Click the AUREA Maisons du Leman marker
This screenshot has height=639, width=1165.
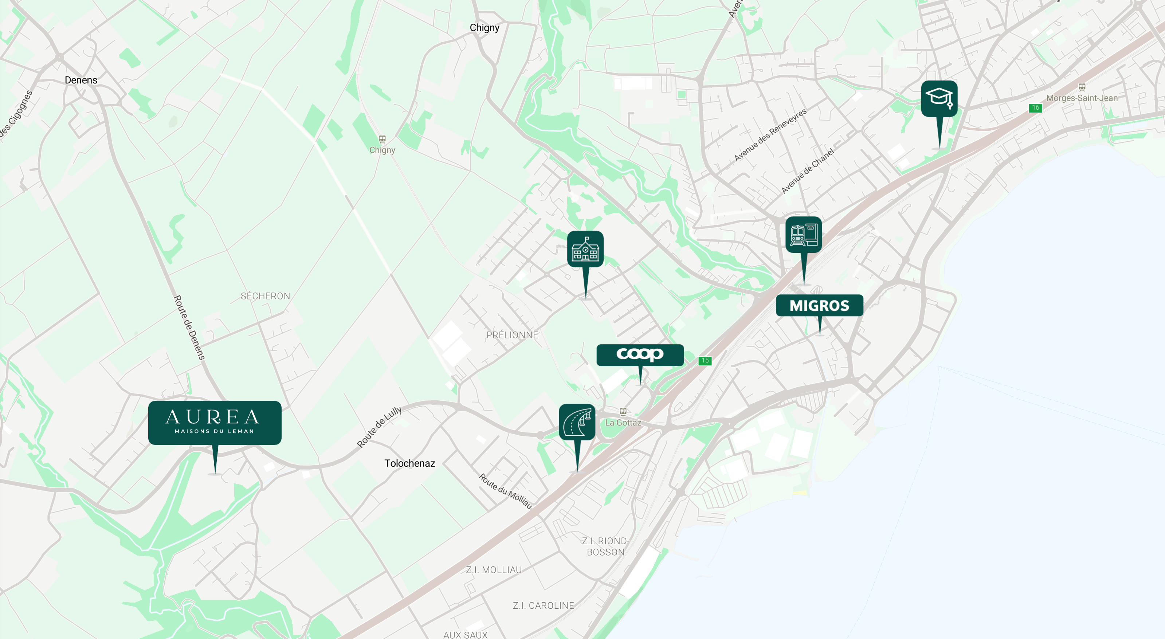coord(215,422)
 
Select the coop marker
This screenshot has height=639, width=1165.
coord(640,354)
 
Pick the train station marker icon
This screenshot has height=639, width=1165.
coord(803,234)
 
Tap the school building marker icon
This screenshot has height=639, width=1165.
coord(585,249)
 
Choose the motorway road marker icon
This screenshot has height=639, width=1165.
coord(577,422)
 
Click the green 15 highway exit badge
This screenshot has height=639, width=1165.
coord(705,360)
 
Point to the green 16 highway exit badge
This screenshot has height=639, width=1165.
coord(1035,107)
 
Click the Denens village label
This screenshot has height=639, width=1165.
coord(81,80)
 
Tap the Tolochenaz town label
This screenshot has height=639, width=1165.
coord(409,463)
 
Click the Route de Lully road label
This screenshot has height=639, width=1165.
coord(379,427)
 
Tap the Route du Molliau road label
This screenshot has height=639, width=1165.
coord(505,491)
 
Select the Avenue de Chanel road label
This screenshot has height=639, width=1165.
coord(807,171)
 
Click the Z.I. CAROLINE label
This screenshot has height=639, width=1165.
coord(543,605)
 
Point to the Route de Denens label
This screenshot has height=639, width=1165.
coord(189,328)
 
